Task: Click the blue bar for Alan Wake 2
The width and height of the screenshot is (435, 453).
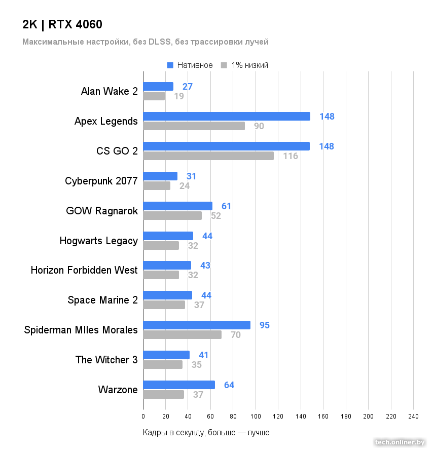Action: coord(158,87)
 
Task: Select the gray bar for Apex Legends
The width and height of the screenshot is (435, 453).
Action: coord(194,126)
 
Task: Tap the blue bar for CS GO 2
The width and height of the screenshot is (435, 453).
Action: coord(226,146)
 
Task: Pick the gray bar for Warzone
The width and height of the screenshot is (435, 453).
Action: coord(163,395)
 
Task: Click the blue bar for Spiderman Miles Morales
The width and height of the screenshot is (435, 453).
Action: coord(197,325)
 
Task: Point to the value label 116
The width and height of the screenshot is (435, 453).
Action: coord(291,156)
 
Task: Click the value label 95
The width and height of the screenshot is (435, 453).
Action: coord(264,325)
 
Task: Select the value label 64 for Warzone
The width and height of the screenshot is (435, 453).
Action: coord(229,385)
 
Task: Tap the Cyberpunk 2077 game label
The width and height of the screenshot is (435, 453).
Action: coord(101,181)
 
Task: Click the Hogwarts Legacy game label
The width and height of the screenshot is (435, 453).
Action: coord(98,241)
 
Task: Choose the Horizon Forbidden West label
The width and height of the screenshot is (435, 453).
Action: coord(84,270)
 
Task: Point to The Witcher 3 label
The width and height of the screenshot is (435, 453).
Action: coord(106,360)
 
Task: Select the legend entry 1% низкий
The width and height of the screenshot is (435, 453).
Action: coord(244,65)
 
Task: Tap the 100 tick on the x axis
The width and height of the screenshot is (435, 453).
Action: coord(256,417)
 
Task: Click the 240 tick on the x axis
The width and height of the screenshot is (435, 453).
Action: coord(413,417)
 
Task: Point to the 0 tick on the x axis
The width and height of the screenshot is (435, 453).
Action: coord(143,417)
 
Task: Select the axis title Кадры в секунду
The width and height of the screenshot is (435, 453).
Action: coord(206,433)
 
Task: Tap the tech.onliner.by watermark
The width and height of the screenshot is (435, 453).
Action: coord(400,442)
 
